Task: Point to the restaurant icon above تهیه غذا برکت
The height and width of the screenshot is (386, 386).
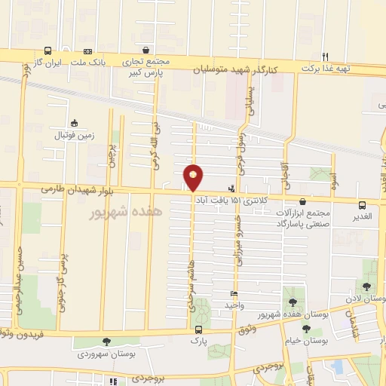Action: (326, 56)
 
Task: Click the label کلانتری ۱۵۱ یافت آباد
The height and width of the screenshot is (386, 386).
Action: (226, 199)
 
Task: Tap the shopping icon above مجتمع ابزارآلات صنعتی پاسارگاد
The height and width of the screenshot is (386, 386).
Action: (303, 201)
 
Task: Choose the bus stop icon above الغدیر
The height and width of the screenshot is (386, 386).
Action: (363, 205)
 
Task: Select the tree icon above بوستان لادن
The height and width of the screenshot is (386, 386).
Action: (366, 286)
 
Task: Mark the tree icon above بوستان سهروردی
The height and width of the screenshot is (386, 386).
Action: (106, 342)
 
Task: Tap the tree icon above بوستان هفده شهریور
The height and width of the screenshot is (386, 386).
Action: (293, 302)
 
